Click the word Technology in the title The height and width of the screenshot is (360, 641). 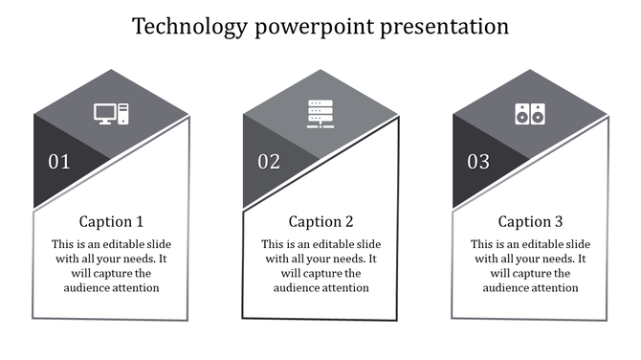(190, 26)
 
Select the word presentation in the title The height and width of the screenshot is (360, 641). (448, 26)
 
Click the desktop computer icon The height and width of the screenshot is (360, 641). (112, 114)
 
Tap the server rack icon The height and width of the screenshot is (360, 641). (320, 114)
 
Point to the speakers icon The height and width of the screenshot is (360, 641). (529, 114)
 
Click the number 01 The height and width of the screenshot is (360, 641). (59, 162)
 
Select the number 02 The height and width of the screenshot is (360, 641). (269, 162)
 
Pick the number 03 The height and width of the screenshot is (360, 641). (478, 162)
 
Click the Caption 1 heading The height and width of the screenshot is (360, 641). (111, 221)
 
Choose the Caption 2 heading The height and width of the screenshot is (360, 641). (320, 221)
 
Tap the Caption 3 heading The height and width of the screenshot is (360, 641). (530, 221)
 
